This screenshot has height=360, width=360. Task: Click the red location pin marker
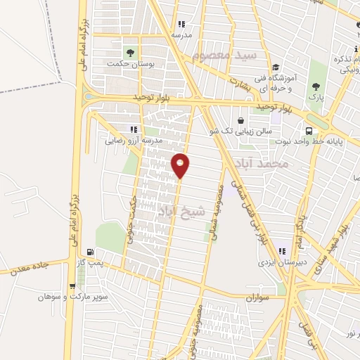[x=181, y=165]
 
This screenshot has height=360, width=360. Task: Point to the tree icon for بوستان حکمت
[x=129, y=53]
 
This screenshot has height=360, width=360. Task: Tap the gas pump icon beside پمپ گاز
[x=90, y=252]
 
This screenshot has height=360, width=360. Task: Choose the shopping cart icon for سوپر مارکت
[x=72, y=285]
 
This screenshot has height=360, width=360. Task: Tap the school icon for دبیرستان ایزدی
[x=282, y=251]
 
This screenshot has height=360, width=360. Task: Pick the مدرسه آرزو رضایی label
[x=134, y=140]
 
